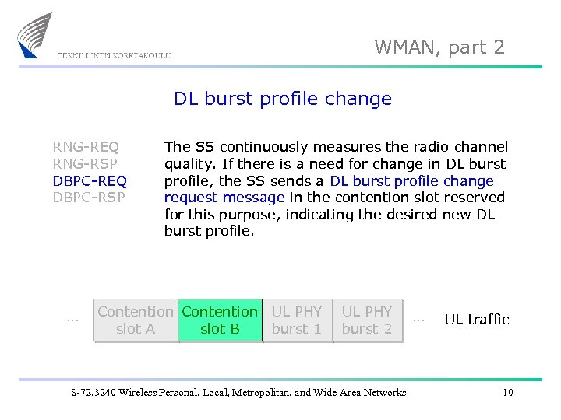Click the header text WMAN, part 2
click(439, 47)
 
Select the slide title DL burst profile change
click(282, 99)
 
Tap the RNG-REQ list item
click(86, 146)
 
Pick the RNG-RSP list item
click(86, 163)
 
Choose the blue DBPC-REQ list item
click(90, 180)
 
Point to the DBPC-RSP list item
click(89, 198)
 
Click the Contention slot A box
click(136, 320)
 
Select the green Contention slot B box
click(220, 320)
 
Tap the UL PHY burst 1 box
click(297, 320)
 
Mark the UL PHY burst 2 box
click(367, 320)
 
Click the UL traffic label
click(476, 320)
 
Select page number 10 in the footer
click(507, 392)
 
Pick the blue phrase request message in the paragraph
click(224, 198)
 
